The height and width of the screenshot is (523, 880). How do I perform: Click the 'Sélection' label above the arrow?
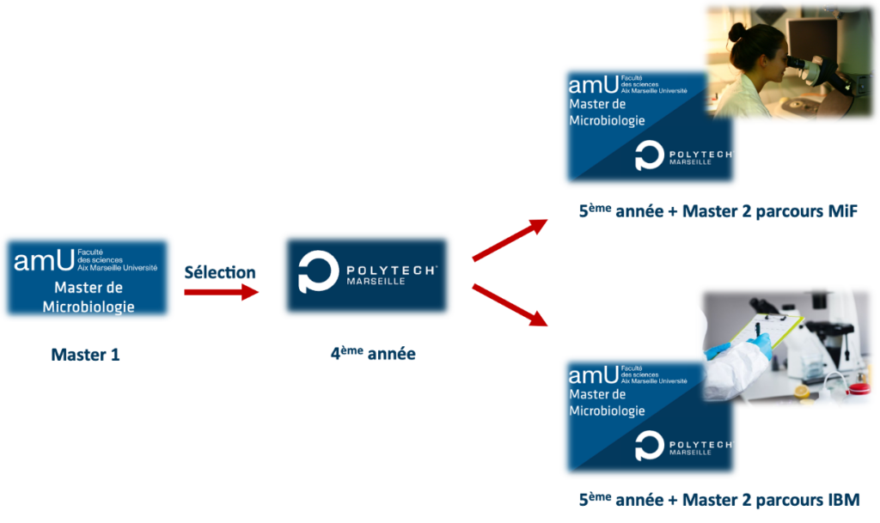click(x=220, y=272)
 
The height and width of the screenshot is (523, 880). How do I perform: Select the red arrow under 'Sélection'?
click(x=222, y=293)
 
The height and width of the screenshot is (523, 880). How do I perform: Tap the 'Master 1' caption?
click(x=86, y=354)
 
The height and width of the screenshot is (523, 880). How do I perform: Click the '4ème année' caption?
click(x=372, y=353)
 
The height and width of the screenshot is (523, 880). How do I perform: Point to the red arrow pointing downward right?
click(x=510, y=305)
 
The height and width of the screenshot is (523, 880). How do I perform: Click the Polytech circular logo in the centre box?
click(x=318, y=271)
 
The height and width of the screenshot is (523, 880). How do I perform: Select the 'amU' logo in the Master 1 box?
click(x=44, y=259)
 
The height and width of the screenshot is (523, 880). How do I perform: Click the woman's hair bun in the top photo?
click(x=736, y=32)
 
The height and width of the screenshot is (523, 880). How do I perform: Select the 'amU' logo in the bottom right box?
click(x=592, y=374)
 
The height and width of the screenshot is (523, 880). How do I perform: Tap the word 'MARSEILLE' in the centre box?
click(x=376, y=281)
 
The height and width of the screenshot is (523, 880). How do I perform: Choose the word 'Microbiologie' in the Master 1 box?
click(x=89, y=307)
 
